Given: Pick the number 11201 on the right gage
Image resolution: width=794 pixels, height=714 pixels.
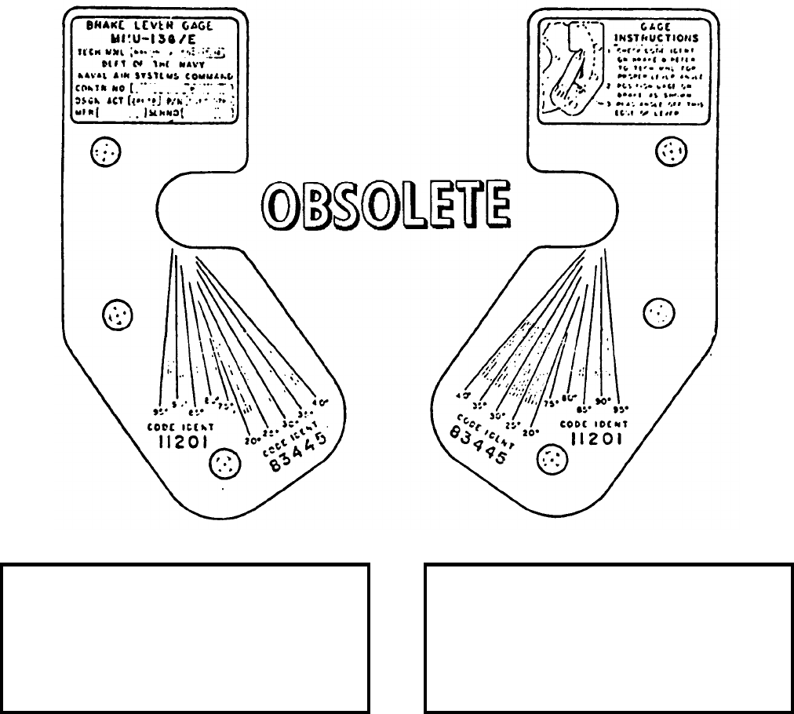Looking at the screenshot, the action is (x=596, y=439).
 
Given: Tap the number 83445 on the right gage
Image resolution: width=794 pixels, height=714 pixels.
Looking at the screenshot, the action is (x=480, y=445).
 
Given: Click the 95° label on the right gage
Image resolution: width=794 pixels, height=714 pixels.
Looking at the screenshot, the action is (x=623, y=407).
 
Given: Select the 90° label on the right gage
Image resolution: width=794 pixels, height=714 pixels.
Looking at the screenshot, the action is (x=603, y=401).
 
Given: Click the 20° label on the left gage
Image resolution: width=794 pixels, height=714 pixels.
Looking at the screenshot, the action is (x=251, y=440).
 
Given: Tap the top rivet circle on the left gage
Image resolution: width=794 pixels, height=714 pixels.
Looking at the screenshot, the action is (x=104, y=151).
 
